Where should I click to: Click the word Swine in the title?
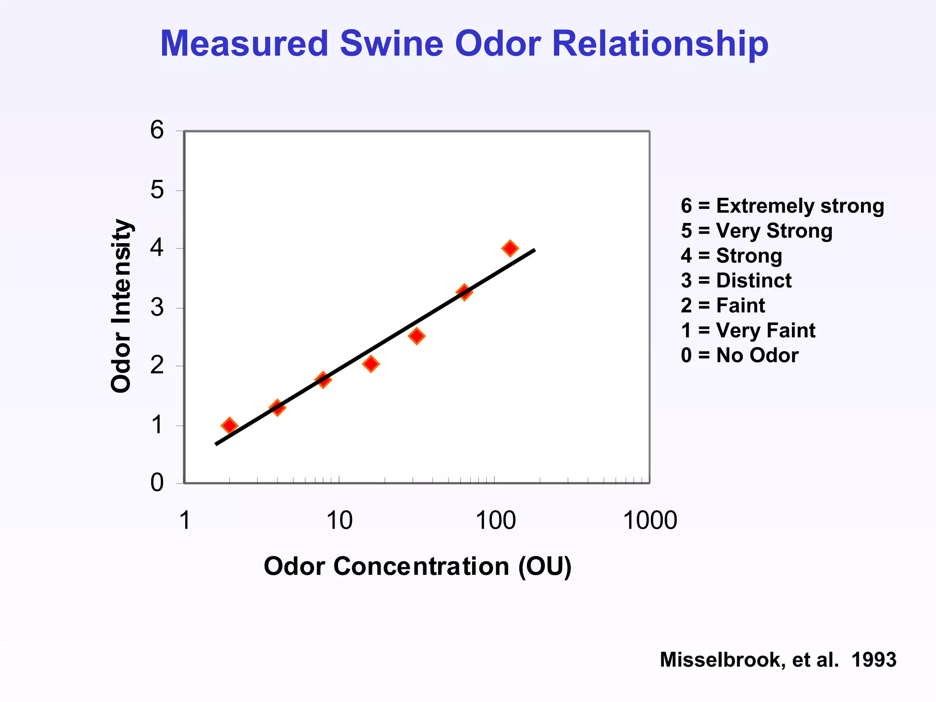(x=391, y=44)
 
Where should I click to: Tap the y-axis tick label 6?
(x=157, y=130)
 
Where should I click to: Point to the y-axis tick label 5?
(x=157, y=190)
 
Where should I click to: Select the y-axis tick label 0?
(x=157, y=483)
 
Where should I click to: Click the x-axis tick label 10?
(x=339, y=521)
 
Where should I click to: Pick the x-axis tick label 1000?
(x=649, y=521)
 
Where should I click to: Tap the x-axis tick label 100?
(x=495, y=521)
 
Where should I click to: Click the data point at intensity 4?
(x=510, y=249)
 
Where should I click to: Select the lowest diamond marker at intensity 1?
(x=229, y=425)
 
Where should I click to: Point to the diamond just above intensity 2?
(x=371, y=364)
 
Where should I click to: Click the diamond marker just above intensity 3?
(x=464, y=292)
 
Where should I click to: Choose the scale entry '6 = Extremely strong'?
(x=782, y=206)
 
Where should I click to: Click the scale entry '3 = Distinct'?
(x=736, y=281)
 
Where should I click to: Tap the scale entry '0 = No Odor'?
(x=739, y=356)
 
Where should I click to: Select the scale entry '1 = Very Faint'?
(x=748, y=330)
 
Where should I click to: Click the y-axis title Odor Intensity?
(x=122, y=306)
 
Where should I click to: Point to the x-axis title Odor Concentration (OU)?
(x=417, y=567)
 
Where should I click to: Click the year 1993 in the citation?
(x=873, y=660)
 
